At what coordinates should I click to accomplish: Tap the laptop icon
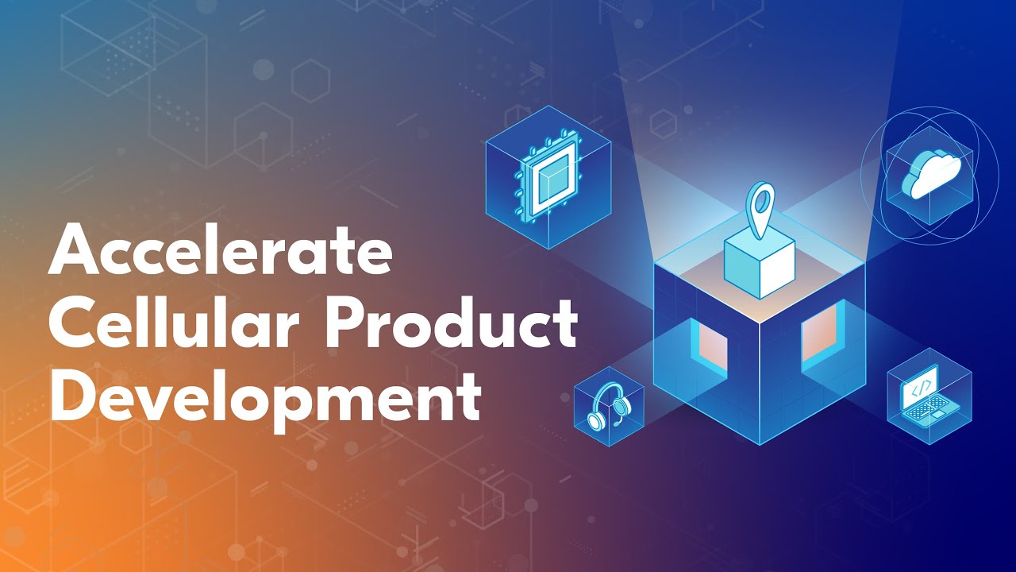point(928,398)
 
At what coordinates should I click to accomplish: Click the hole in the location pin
point(763,197)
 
